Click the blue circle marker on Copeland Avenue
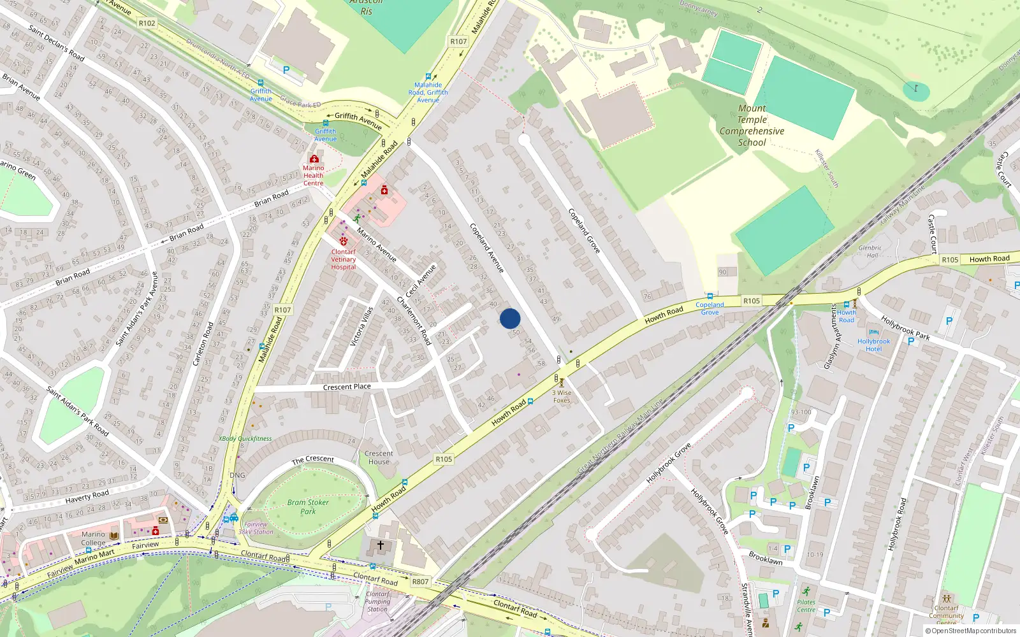click(x=510, y=318)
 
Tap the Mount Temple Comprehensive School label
click(x=752, y=125)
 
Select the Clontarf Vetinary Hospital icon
click(x=344, y=241)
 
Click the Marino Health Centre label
click(x=313, y=175)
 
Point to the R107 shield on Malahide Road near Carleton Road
click(x=282, y=310)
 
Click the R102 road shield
click(x=147, y=23)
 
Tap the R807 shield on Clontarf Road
click(x=420, y=582)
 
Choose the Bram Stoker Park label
click(x=308, y=506)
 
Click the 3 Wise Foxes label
click(x=562, y=396)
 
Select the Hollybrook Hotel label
click(x=874, y=345)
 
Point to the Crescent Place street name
click(x=347, y=387)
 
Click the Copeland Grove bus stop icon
click(x=710, y=296)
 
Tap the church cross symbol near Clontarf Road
click(x=381, y=545)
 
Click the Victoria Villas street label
click(x=361, y=326)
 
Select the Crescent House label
click(x=379, y=457)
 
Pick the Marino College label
click(x=93, y=538)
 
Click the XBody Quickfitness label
click(x=245, y=438)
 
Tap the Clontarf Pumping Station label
click(x=377, y=601)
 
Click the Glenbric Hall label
click(x=870, y=252)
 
